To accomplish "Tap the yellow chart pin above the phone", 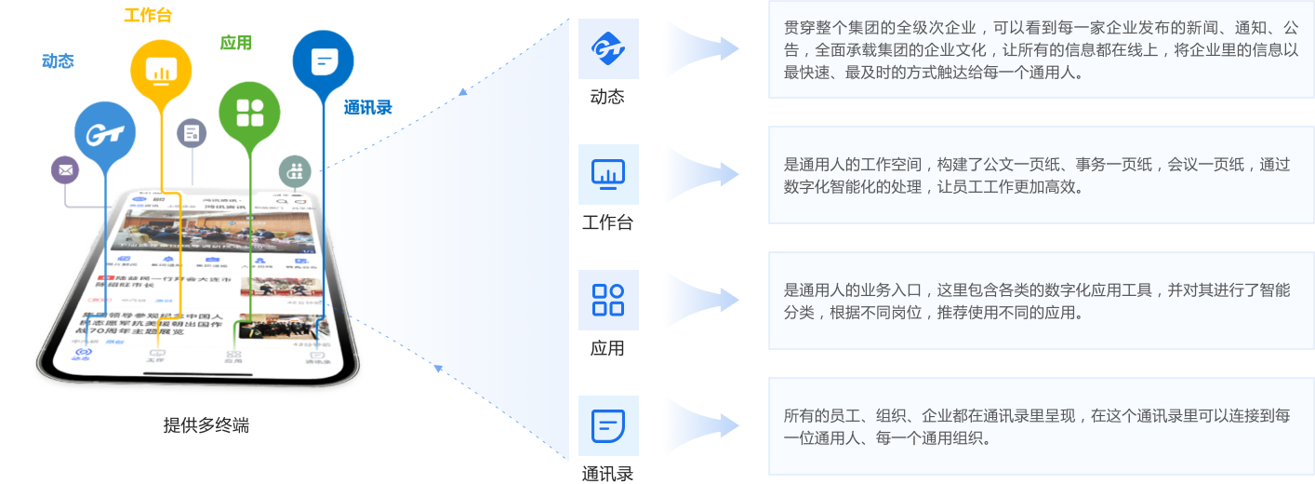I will click(x=161, y=70).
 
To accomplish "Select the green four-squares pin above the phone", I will click(x=249, y=113).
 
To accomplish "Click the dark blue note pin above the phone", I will click(x=323, y=61).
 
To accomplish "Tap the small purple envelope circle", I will click(x=65, y=169).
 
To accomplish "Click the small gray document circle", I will click(x=192, y=133).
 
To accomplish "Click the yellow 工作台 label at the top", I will click(x=148, y=15).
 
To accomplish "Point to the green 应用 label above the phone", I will click(x=235, y=42).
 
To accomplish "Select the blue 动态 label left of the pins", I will click(x=58, y=61).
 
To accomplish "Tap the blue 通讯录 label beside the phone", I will click(x=367, y=107).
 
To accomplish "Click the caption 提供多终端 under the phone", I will click(x=206, y=425).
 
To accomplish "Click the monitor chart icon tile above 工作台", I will click(x=608, y=174).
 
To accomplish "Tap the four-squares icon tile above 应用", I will click(x=608, y=300).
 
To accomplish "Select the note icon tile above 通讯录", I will click(x=608, y=425).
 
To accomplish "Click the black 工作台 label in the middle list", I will click(x=607, y=222).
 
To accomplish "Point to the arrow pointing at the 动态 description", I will click(x=707, y=48).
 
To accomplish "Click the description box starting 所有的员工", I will click(x=1041, y=426).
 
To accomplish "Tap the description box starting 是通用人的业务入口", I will click(x=1041, y=301).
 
